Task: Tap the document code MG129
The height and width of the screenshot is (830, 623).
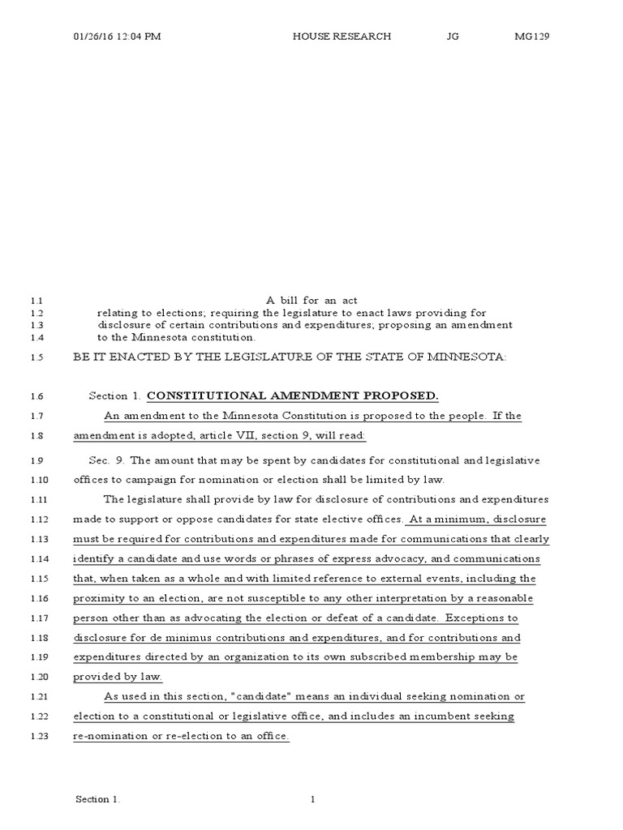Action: [532, 36]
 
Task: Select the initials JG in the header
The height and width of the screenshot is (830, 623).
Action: [453, 36]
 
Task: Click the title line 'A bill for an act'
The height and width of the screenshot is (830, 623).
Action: [311, 300]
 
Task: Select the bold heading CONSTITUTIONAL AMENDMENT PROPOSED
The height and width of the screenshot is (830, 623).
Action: [292, 396]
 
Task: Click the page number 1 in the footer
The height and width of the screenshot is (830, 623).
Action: [312, 800]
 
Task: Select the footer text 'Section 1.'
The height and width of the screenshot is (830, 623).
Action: [98, 800]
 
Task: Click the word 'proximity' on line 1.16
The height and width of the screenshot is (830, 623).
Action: [98, 598]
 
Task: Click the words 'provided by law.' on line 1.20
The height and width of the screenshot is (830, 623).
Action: [118, 677]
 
